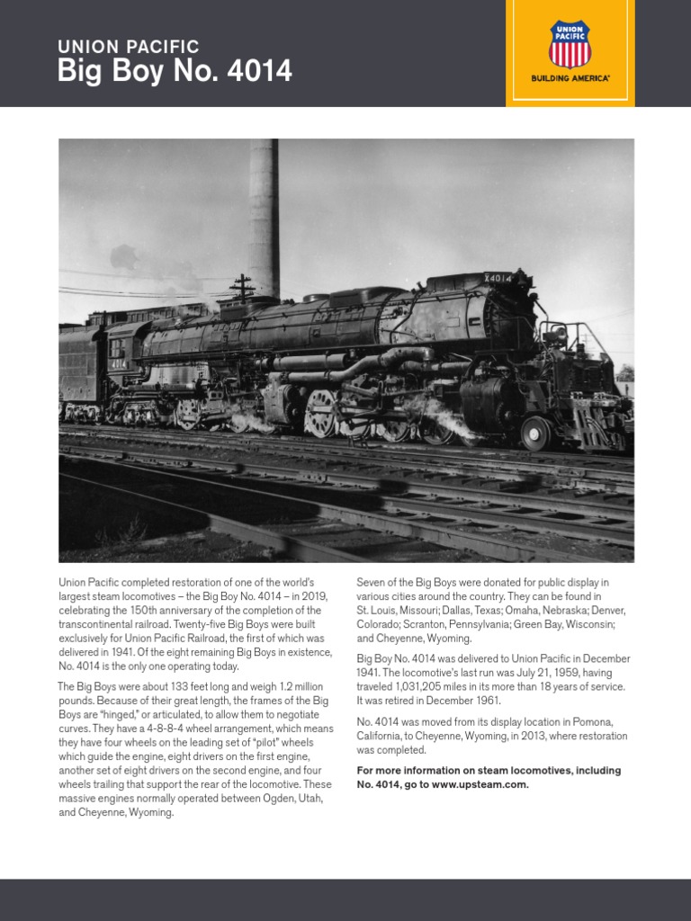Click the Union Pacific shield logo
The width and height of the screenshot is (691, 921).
[x=570, y=44]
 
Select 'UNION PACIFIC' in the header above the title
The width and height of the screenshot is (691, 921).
[x=128, y=46]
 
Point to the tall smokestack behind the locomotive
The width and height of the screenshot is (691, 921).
[x=264, y=216]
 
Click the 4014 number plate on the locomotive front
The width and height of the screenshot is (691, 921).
[x=498, y=278]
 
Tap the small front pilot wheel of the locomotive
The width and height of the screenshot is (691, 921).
[x=536, y=433]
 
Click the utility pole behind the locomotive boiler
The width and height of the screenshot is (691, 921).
[x=241, y=288]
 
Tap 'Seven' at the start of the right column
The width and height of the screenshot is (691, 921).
[x=372, y=582]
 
